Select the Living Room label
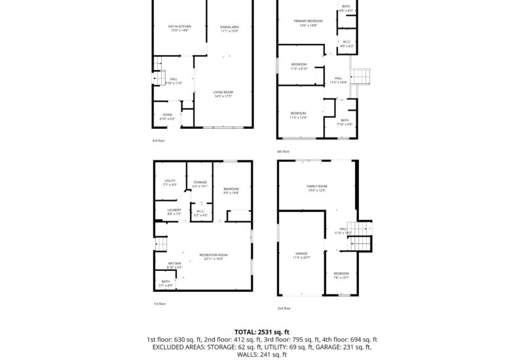(223, 94)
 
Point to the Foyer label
(168, 116)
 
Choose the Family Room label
(317, 188)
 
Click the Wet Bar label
(174, 266)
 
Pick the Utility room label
(170, 183)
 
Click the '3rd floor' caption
(159, 141)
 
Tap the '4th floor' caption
(284, 152)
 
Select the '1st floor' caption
(160, 304)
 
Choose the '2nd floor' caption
(284, 308)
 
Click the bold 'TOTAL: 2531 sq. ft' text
(261, 332)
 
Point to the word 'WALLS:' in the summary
(245, 354)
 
